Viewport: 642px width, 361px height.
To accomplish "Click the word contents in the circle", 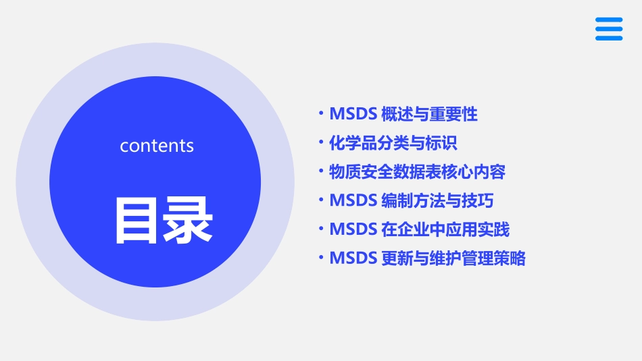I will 157,146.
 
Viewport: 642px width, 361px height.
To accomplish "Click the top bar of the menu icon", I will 608,20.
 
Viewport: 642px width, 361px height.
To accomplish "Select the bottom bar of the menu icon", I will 608,38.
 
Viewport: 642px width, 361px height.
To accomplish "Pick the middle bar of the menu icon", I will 608,29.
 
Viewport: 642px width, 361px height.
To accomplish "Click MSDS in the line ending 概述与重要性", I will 353,115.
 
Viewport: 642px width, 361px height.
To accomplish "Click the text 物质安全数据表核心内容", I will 417,172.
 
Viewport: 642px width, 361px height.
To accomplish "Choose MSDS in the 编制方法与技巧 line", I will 353,200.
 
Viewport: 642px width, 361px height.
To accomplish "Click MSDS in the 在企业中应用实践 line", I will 353,229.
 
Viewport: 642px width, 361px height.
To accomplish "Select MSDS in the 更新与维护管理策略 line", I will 353,258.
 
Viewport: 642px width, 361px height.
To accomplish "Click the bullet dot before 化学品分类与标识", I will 322,142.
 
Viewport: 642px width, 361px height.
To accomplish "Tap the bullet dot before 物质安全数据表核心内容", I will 322,171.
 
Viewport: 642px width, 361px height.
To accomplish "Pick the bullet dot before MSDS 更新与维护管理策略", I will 322,258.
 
